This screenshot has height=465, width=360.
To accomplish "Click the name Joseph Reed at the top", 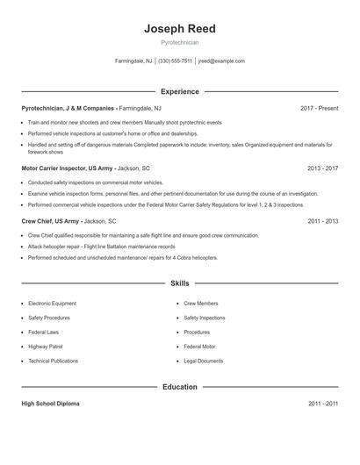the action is click(x=180, y=29).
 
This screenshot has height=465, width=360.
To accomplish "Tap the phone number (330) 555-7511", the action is click(x=175, y=61).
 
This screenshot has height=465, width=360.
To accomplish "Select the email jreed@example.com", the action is click(x=221, y=61).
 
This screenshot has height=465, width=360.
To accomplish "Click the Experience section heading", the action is click(x=180, y=91).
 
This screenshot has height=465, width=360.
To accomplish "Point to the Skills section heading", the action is click(x=180, y=283).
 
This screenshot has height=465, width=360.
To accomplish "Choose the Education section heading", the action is click(x=180, y=387).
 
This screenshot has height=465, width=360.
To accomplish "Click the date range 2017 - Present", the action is click(x=319, y=108).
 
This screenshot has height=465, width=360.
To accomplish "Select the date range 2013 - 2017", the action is click(x=322, y=168).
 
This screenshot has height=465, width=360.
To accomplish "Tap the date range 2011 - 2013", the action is click(x=322, y=222).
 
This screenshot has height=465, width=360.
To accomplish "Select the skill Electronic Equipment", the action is click(x=52, y=304).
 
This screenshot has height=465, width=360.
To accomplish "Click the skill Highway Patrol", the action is click(x=46, y=347).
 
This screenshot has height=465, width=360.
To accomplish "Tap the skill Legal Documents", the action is click(x=203, y=361).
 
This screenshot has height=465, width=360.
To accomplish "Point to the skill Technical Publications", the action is click(x=53, y=361).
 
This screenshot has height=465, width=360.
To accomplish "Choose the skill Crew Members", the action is click(x=201, y=304).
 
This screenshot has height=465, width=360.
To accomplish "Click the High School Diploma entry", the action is click(x=50, y=404).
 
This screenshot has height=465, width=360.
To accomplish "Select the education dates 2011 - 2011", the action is click(x=322, y=404).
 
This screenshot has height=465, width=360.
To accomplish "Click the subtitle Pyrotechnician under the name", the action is click(x=180, y=42).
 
